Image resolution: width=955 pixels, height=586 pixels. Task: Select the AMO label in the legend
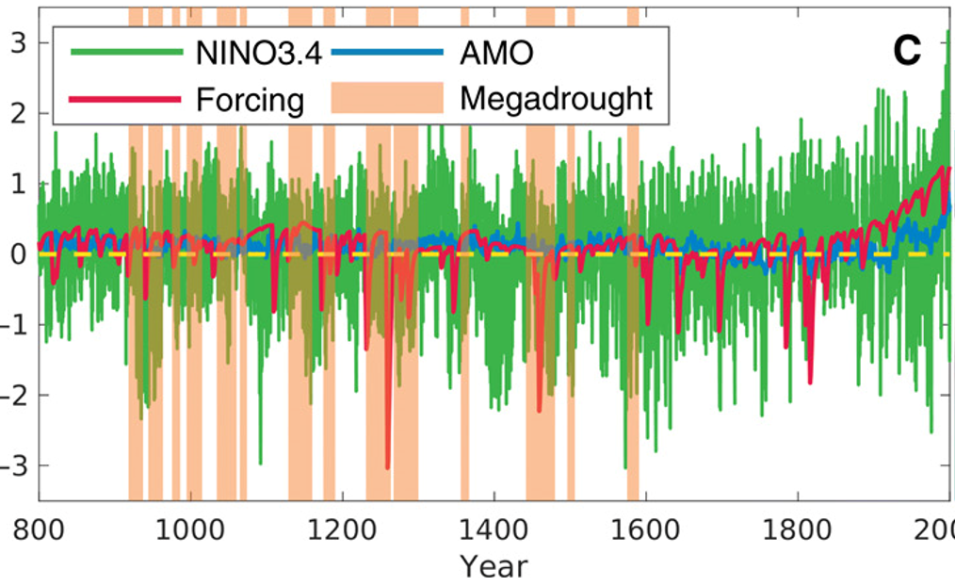point(495,54)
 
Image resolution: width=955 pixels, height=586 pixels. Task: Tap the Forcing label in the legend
point(250,98)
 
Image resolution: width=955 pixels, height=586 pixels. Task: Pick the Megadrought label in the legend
point(556,98)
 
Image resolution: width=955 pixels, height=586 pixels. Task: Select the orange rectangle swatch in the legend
point(387,98)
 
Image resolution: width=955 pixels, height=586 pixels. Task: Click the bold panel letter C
point(906,53)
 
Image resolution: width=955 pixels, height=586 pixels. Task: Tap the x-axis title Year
point(494,567)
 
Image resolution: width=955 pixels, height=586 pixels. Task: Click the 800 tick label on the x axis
point(39,528)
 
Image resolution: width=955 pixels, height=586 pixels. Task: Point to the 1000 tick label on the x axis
point(190,528)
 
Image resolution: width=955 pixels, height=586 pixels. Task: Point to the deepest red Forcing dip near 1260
point(387,465)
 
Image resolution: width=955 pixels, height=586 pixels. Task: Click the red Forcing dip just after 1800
point(810,381)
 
